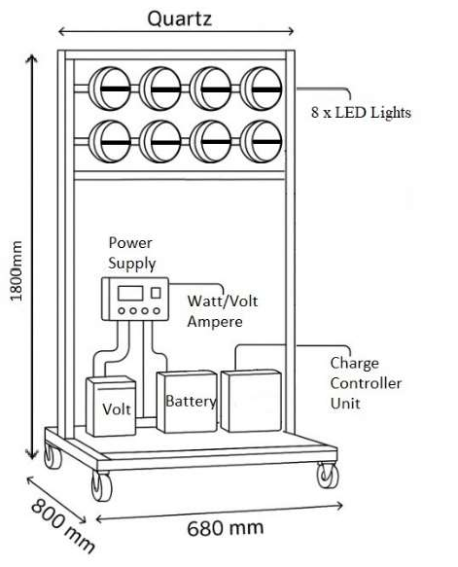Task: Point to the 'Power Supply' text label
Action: point(131,253)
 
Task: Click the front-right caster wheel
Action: point(327,477)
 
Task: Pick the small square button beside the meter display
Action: point(155,293)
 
